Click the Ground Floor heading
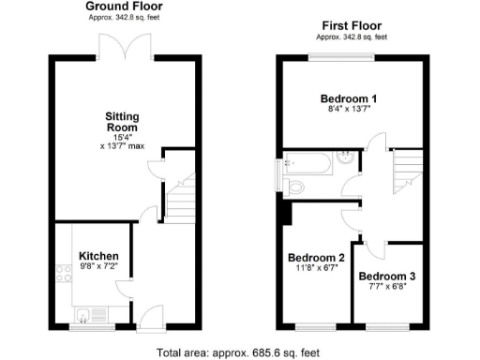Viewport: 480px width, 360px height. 125,7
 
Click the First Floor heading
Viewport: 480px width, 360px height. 352,26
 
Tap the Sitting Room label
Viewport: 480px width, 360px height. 122,121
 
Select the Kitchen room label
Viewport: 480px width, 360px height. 98,256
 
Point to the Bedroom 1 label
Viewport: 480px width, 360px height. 349,98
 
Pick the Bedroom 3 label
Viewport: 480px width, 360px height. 387,276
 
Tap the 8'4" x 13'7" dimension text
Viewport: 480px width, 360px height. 350,110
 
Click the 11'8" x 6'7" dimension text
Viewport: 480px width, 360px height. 317,267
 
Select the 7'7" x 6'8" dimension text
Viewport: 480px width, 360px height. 387,286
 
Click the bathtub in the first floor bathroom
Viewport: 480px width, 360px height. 308,169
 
